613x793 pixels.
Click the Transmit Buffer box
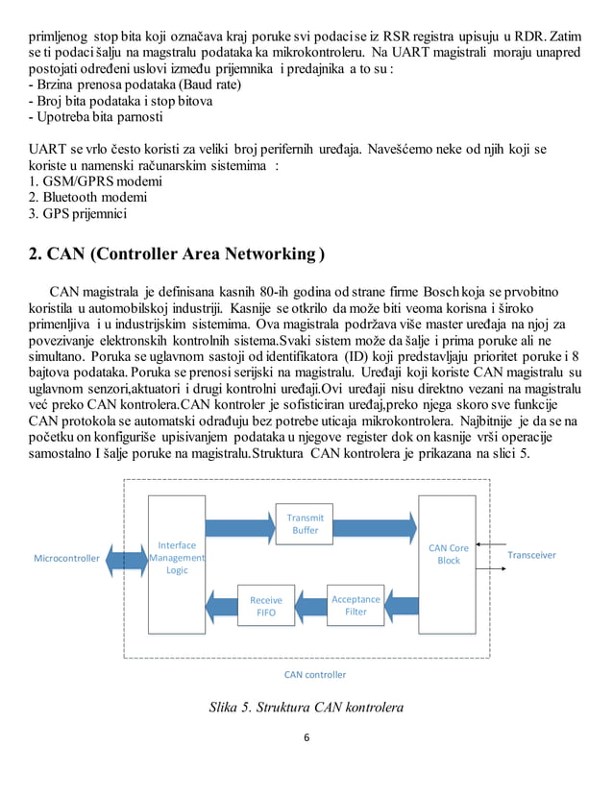(305, 524)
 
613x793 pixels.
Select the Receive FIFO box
(266, 606)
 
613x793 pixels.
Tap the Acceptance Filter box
(356, 605)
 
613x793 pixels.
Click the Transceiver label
(531, 555)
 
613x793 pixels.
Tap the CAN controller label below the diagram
(315, 674)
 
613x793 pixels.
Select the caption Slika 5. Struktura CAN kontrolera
(306, 709)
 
